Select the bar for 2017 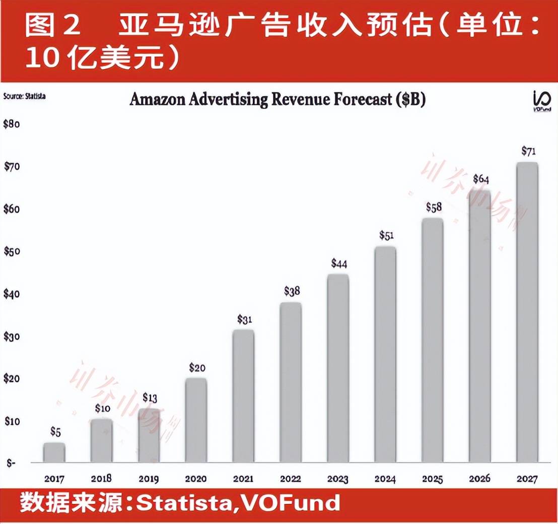click(x=54, y=452)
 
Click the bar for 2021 click(x=243, y=396)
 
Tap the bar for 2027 click(x=527, y=312)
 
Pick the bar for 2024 click(x=385, y=354)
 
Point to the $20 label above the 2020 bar click(x=197, y=367)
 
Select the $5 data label click(x=55, y=432)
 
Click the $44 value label click(x=339, y=264)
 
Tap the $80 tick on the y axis click(x=11, y=124)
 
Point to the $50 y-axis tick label click(x=11, y=251)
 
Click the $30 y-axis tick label click(x=11, y=336)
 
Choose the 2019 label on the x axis click(x=149, y=479)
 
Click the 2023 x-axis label click(x=337, y=479)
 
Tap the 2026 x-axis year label click(x=479, y=479)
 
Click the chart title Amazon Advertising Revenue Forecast click(x=277, y=99)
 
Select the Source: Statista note click(x=24, y=96)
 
